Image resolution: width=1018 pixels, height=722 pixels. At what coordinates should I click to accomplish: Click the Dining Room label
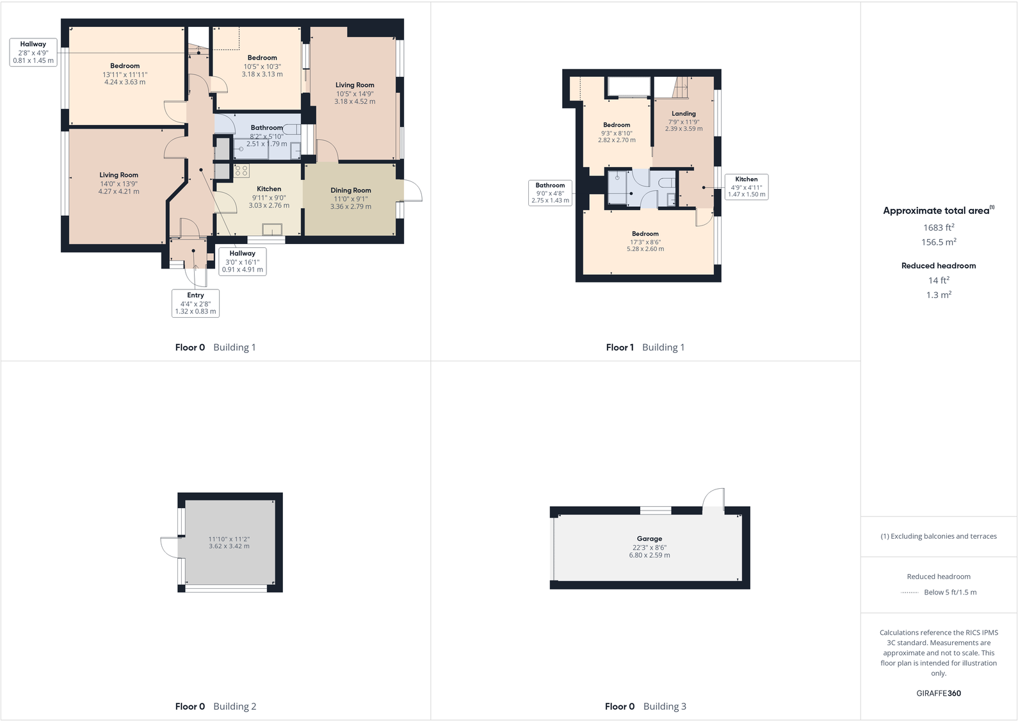click(351, 190)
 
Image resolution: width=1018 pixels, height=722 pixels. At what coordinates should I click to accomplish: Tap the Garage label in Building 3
click(649, 539)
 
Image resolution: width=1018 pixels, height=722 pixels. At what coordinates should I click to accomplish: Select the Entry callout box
click(195, 303)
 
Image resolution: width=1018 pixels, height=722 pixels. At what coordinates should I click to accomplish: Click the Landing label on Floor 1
click(684, 113)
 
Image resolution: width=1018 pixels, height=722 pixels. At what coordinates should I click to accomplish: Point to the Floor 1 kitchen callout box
click(746, 186)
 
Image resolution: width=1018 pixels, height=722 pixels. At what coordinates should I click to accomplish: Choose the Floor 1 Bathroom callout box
click(550, 193)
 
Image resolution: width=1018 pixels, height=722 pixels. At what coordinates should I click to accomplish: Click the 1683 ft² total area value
click(939, 227)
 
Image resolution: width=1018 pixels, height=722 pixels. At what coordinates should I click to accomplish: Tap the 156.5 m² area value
click(939, 242)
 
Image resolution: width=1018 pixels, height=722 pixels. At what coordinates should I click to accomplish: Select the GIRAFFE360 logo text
click(939, 693)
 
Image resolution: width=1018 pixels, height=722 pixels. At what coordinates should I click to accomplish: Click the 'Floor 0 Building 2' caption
click(216, 706)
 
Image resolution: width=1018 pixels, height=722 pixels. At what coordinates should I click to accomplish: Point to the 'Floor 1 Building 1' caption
click(645, 347)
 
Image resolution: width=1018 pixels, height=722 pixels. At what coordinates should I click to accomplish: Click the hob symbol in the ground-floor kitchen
click(242, 170)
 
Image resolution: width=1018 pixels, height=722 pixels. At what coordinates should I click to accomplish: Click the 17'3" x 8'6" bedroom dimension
click(645, 242)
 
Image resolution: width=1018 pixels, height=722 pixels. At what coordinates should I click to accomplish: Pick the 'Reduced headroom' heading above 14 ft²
click(939, 266)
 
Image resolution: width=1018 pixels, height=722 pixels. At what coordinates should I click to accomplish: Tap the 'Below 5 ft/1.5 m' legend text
click(950, 592)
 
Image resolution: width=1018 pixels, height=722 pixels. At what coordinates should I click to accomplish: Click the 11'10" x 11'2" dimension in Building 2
click(229, 539)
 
